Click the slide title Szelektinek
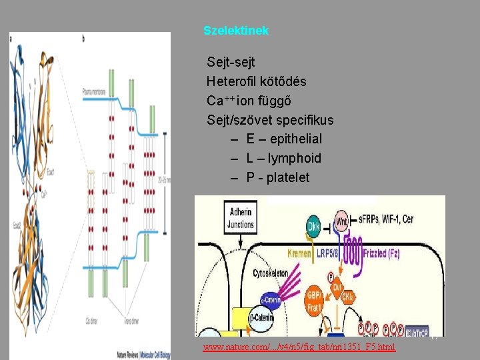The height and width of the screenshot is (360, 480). pyautogui.click(x=236, y=31)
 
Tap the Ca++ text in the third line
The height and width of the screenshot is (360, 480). pyautogui.click(x=221, y=101)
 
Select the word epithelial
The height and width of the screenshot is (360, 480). pyautogui.click(x=292, y=139)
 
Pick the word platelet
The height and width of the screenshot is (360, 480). pyautogui.click(x=287, y=178)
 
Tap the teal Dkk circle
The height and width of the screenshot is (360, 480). pyautogui.click(x=314, y=226)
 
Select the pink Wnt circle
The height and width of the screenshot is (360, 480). pyautogui.click(x=341, y=221)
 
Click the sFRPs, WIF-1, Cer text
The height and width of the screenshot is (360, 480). pyautogui.click(x=396, y=219)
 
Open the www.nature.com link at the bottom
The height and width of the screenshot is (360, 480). pyautogui.click(x=299, y=347)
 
